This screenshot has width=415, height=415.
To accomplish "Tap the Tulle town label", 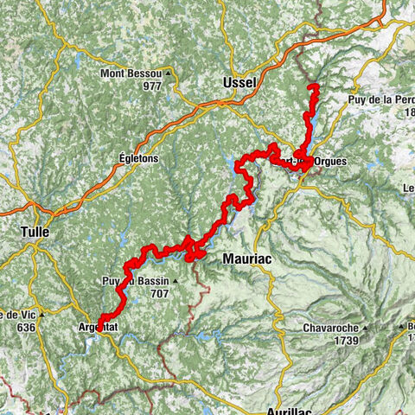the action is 35,232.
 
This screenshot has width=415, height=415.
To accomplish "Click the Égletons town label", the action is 138,159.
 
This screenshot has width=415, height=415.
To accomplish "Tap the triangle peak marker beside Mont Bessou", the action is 168,73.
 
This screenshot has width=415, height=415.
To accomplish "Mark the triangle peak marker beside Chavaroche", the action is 366,328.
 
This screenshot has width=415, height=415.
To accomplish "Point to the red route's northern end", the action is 313,86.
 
